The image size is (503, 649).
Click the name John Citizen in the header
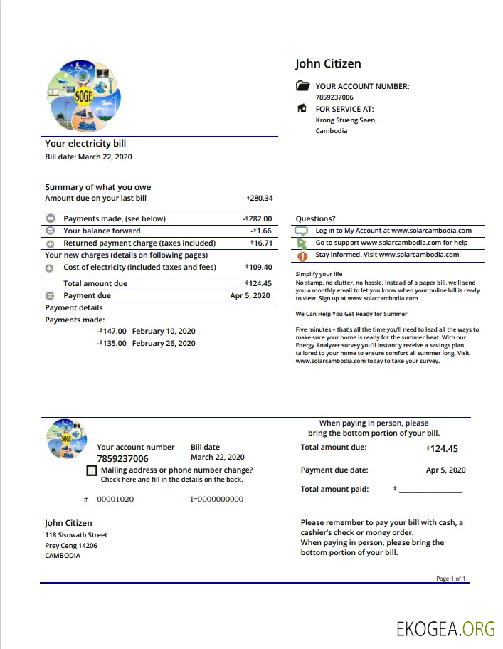point(328,64)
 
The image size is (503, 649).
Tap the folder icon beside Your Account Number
point(302,86)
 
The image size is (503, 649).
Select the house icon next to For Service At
point(302,109)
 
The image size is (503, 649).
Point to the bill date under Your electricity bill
point(88,157)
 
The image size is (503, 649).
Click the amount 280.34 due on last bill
point(260,199)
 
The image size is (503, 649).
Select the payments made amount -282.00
point(258,219)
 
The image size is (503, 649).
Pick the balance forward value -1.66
point(262,231)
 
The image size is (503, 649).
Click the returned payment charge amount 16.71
point(261,243)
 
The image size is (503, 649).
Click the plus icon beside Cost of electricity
point(50,268)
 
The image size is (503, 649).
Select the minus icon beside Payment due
point(50,296)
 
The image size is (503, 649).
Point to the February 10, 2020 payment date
point(164,332)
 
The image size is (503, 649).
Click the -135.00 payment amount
point(112,344)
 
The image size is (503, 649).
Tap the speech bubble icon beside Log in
point(302,231)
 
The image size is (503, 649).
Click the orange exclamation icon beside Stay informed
point(302,255)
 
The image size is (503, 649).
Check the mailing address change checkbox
point(91,471)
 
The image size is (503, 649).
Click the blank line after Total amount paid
point(430,490)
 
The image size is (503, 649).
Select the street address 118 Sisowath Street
point(76,535)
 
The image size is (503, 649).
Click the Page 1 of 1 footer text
point(450,579)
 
